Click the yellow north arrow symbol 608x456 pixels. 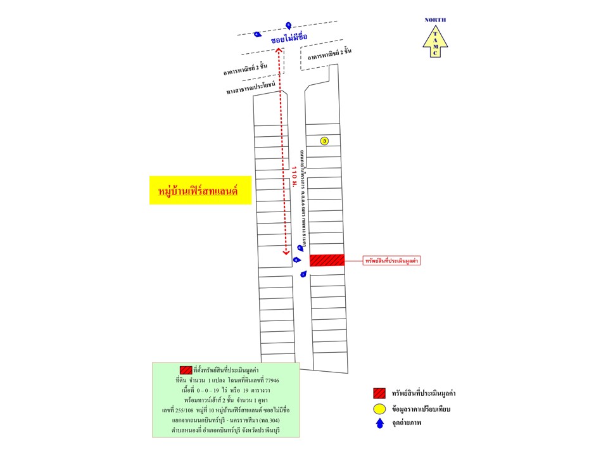(x=435, y=41)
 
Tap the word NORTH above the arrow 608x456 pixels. (x=435, y=20)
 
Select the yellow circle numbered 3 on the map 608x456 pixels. (x=324, y=141)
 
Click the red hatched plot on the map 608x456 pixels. (x=327, y=260)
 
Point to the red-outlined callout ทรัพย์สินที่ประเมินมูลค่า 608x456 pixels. (x=393, y=260)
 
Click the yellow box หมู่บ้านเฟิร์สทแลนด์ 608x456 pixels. (x=197, y=190)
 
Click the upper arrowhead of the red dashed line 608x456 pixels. (x=279, y=50)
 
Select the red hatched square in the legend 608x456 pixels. (x=380, y=392)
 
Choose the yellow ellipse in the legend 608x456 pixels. (x=380, y=409)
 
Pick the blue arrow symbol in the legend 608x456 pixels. (x=380, y=425)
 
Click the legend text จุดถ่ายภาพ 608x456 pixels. (x=411, y=425)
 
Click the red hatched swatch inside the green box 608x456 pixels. (x=186, y=370)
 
